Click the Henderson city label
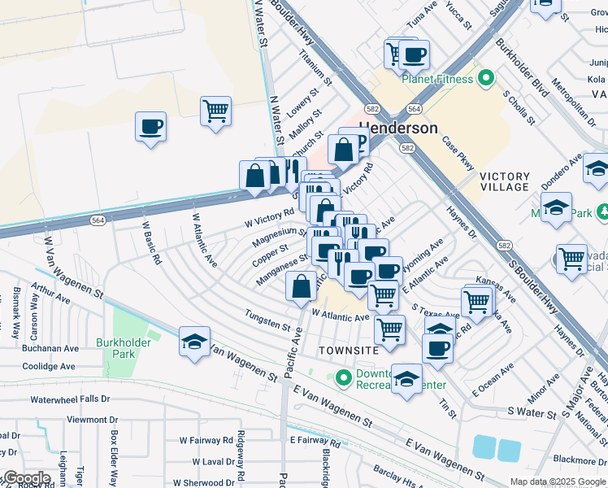tap(398, 129)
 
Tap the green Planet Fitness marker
tap(486, 79)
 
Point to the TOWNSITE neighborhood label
tap(350, 350)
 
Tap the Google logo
tap(26, 478)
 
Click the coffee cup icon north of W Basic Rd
tap(151, 128)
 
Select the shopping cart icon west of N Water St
tap(215, 111)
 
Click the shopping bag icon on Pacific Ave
tap(301, 286)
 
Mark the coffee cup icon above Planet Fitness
tap(414, 55)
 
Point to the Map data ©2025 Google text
tap(557, 481)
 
